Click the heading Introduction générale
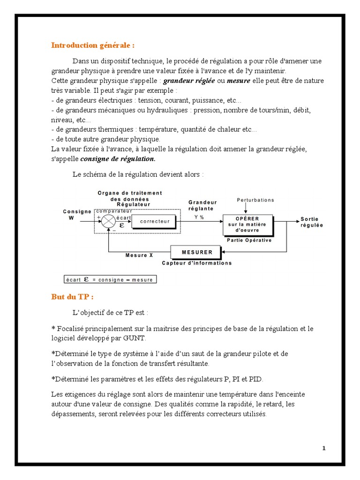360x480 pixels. click(93, 45)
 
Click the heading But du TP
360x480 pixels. click(72, 297)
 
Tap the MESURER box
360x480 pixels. click(197, 252)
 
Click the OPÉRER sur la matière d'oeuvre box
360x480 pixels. click(247, 225)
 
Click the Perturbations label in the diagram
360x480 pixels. click(255, 200)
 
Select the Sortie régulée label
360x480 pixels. click(312, 222)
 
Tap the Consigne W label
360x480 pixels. click(77, 214)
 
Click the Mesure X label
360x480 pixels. click(139, 255)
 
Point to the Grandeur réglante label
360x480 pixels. click(203, 205)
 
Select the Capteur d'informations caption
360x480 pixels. click(197, 263)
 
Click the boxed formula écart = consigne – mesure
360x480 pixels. click(111, 280)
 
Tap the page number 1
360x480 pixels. click(323, 448)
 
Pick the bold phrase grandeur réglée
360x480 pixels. click(188, 81)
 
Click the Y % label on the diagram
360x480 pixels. click(199, 217)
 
